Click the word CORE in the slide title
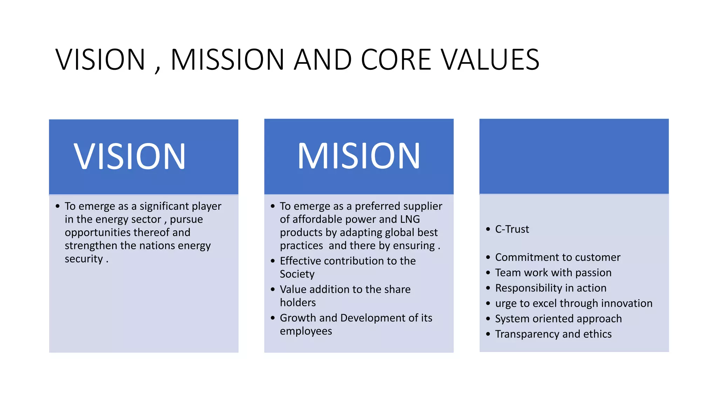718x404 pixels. click(396, 60)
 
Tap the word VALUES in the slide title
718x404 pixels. click(490, 60)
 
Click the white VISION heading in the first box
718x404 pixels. click(129, 156)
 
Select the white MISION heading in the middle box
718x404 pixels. click(359, 156)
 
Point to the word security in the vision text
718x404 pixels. click(83, 259)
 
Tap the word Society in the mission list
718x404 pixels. click(297, 274)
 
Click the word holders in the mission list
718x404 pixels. click(298, 302)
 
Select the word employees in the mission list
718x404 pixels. click(306, 331)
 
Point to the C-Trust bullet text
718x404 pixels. click(512, 229)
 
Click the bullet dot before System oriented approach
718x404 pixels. click(488, 319)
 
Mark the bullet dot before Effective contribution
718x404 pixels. click(273, 261)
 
